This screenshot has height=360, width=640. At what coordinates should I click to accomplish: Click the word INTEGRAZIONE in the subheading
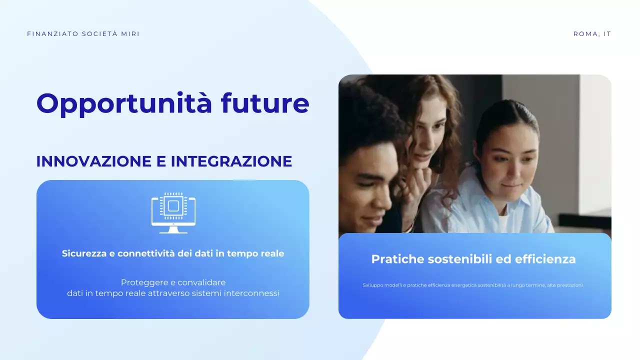(x=231, y=161)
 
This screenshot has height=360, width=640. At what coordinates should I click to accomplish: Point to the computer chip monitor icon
(x=173, y=212)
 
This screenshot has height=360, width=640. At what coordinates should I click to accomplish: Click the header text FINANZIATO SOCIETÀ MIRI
(x=83, y=34)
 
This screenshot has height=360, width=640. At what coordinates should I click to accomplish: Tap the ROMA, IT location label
(x=592, y=34)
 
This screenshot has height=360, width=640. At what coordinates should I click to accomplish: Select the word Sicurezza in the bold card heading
(x=84, y=253)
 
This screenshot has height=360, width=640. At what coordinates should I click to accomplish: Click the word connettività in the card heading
(x=146, y=253)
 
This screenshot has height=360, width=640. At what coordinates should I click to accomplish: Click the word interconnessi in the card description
(x=251, y=293)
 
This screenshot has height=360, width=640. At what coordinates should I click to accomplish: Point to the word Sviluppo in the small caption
(x=373, y=285)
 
